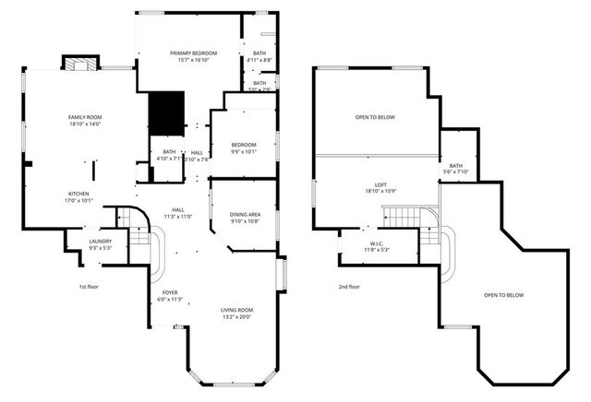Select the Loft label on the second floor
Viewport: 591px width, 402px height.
click(x=374, y=187)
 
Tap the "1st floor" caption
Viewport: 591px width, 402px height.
click(x=90, y=287)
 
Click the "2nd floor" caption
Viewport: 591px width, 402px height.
click(x=349, y=287)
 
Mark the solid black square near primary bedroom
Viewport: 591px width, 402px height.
click(x=167, y=113)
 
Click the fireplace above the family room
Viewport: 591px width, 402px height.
click(x=78, y=64)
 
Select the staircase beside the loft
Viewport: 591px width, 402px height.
click(x=400, y=218)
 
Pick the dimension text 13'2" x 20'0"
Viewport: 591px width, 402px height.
click(x=236, y=317)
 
